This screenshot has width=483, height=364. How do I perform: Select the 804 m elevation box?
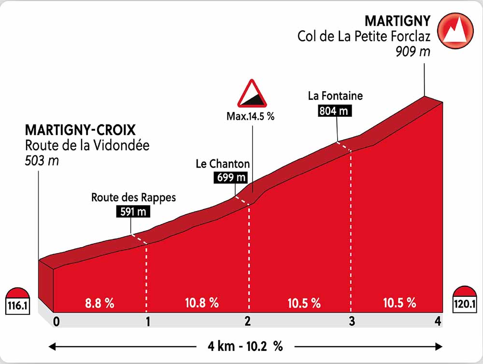coord(334,111)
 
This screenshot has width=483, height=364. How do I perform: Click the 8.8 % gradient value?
coord(99,303)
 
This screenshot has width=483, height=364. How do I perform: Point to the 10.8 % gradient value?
coord(202,303)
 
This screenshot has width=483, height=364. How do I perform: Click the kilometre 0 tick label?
coord(57,322)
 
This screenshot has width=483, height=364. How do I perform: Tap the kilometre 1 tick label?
coord(148,322)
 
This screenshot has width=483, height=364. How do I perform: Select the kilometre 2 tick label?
coord(248,322)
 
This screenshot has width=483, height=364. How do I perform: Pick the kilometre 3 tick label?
coord(352,322)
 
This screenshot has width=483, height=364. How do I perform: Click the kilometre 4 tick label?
coord(438,322)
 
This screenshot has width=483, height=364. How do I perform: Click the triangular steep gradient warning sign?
coord(252,94)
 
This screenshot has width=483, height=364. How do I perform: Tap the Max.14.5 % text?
coord(250,116)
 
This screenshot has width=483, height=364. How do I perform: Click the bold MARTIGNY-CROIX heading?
coord(80,130)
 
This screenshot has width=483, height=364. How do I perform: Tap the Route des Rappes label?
coord(134,197)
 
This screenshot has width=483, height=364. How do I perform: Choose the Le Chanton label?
coord(223,164)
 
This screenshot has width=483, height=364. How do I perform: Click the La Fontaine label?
coord(335,96)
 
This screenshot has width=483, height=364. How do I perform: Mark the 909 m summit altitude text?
coord(412,52)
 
